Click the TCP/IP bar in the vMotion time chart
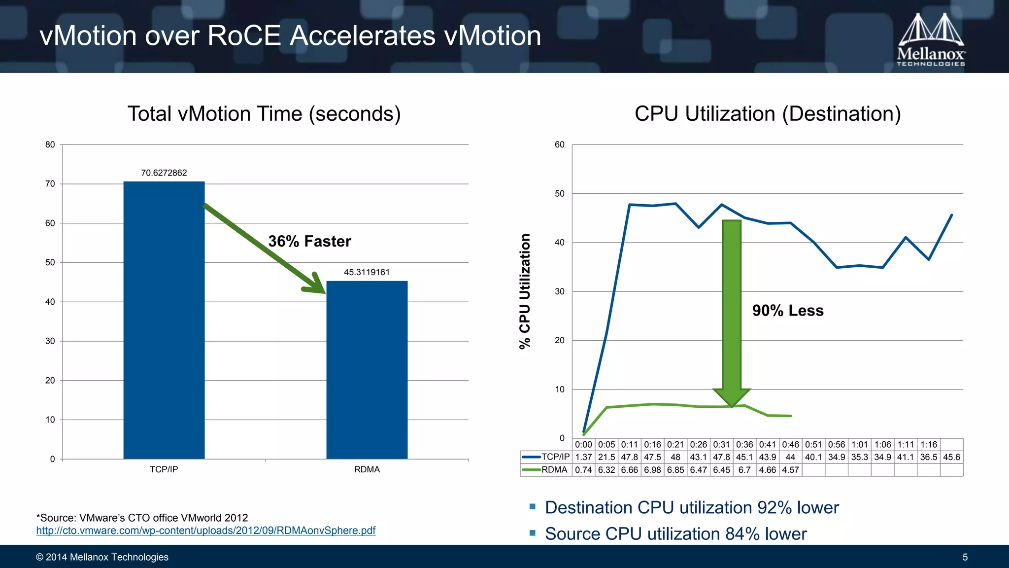pos(164,320)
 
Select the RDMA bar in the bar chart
pos(367,370)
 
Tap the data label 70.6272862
pos(164,173)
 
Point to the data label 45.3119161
pos(367,272)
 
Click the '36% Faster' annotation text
pos(309,241)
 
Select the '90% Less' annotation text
pos(788,311)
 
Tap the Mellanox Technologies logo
pos(931,39)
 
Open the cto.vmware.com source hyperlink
pos(205,531)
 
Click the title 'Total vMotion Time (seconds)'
pos(264,114)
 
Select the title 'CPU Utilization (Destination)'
pos(768,114)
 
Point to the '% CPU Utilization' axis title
pos(525,291)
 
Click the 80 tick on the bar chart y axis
pos(50,144)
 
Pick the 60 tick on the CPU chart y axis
pos(560,144)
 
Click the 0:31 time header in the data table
pos(721,445)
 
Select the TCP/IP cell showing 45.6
pos(951,457)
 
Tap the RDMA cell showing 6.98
pos(652,470)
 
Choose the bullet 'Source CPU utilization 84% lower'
pos(675,534)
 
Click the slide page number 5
pos(965,557)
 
